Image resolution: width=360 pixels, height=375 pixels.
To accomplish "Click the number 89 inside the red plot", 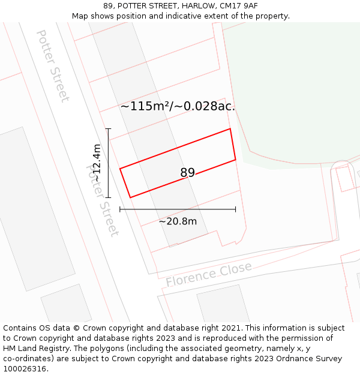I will click(187, 173).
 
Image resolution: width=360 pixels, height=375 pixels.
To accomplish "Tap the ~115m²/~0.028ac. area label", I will click(178, 106).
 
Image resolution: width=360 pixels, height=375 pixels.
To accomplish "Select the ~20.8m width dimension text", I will click(178, 221).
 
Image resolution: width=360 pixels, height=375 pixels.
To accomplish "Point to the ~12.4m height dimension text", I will click(97, 163).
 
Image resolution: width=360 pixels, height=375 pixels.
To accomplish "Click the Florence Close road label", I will click(209, 274).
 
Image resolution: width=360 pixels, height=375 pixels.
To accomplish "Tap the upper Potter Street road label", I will click(53, 66).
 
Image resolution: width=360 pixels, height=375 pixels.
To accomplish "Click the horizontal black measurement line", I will click(178, 209).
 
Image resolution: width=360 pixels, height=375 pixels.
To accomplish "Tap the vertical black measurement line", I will click(108, 163).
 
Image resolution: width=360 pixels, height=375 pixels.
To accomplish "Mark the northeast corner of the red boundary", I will click(230, 129).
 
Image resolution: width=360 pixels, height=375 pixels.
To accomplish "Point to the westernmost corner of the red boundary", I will click(120, 169).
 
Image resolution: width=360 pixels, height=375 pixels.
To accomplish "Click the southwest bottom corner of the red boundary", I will click(130, 197).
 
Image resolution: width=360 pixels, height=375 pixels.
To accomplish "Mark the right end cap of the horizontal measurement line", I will click(235, 209).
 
